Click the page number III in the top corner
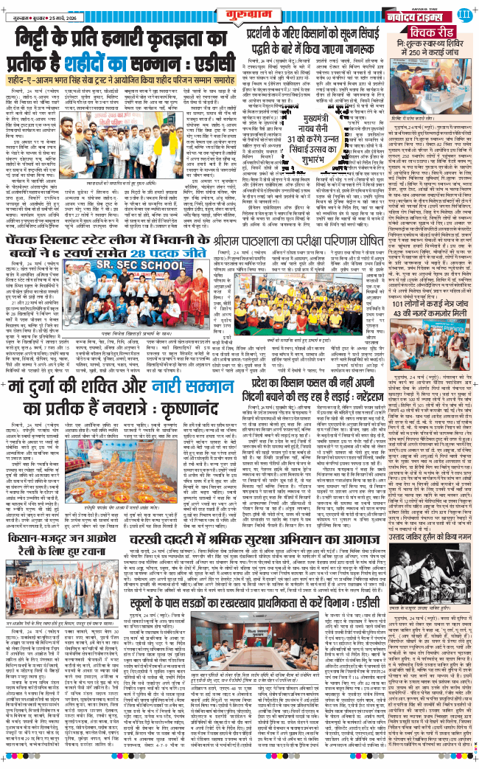[x=464, y=14]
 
